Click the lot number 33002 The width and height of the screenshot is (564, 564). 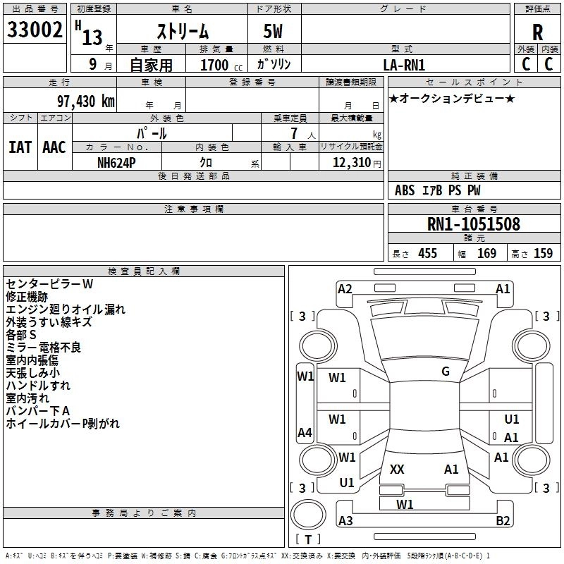pyautogui.click(x=35, y=30)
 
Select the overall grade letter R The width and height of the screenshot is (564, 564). pyautogui.click(x=537, y=32)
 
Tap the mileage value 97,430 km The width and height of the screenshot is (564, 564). pyautogui.click(x=85, y=102)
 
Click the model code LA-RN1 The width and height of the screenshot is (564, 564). pyautogui.click(x=404, y=65)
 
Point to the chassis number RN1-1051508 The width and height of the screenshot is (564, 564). pyautogui.click(x=473, y=224)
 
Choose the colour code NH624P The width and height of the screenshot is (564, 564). pyautogui.click(x=116, y=163)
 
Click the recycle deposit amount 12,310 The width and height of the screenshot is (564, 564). pyautogui.click(x=351, y=163)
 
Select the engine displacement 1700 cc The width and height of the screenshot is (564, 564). pyautogui.click(x=221, y=65)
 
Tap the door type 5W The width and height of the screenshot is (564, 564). pyautogui.click(x=273, y=31)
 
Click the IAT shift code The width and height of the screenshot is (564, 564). pyautogui.click(x=20, y=147)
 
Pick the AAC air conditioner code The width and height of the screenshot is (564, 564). pyautogui.click(x=54, y=147)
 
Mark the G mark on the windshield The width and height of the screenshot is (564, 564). pyautogui.click(x=446, y=372)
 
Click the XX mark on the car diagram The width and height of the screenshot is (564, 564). pyautogui.click(x=397, y=469)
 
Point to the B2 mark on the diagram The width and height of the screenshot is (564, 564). pyautogui.click(x=503, y=520)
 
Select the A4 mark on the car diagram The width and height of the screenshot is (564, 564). pyautogui.click(x=305, y=432)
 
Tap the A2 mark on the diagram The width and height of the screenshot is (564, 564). pyautogui.click(x=345, y=289)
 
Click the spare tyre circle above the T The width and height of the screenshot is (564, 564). pyautogui.click(x=308, y=515)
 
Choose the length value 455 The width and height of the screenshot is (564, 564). pyautogui.click(x=428, y=254)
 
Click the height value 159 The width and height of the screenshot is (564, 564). pyautogui.click(x=543, y=254)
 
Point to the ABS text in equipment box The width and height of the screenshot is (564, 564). pyautogui.click(x=405, y=190)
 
